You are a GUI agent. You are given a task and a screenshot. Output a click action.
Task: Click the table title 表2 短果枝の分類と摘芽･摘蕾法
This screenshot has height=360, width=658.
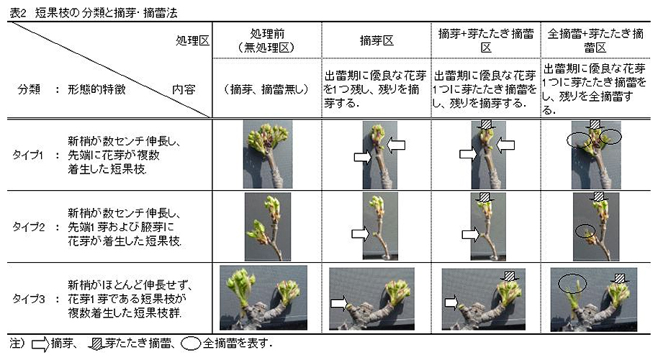[94, 13]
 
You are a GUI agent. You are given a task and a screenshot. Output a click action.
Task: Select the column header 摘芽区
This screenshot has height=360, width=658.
[377, 41]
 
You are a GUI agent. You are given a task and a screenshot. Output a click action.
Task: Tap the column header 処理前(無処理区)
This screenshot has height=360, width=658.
[267, 41]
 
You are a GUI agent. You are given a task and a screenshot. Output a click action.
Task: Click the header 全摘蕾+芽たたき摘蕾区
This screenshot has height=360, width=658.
[595, 41]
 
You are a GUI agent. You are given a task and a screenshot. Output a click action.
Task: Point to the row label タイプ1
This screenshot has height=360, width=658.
[27, 156]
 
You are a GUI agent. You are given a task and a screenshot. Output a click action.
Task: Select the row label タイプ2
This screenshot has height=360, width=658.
[28, 227]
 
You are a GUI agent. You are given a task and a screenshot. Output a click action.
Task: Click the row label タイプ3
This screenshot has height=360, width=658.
[28, 300]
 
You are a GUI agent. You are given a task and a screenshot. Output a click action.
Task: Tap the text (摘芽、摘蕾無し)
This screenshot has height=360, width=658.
[267, 89]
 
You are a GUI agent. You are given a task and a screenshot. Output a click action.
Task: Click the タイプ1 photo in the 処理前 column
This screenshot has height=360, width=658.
[268, 154]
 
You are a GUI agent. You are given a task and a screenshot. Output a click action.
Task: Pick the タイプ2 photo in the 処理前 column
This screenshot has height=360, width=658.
[268, 227]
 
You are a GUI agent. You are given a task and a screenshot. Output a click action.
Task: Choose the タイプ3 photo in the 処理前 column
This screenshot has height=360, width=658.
[263, 297]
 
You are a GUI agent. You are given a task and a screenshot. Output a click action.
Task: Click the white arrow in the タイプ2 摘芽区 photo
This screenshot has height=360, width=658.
[361, 233]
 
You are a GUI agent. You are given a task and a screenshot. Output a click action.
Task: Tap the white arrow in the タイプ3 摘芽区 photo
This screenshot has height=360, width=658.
[340, 303]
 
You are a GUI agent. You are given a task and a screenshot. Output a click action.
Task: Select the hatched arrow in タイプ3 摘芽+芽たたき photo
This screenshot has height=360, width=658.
[510, 276]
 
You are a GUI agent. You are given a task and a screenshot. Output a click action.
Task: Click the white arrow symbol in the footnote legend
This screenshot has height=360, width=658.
[41, 344]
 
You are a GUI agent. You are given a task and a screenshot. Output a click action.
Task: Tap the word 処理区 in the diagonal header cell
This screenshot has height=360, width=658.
[193, 41]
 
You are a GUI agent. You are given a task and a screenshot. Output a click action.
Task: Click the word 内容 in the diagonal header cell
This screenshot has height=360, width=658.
[184, 89]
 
